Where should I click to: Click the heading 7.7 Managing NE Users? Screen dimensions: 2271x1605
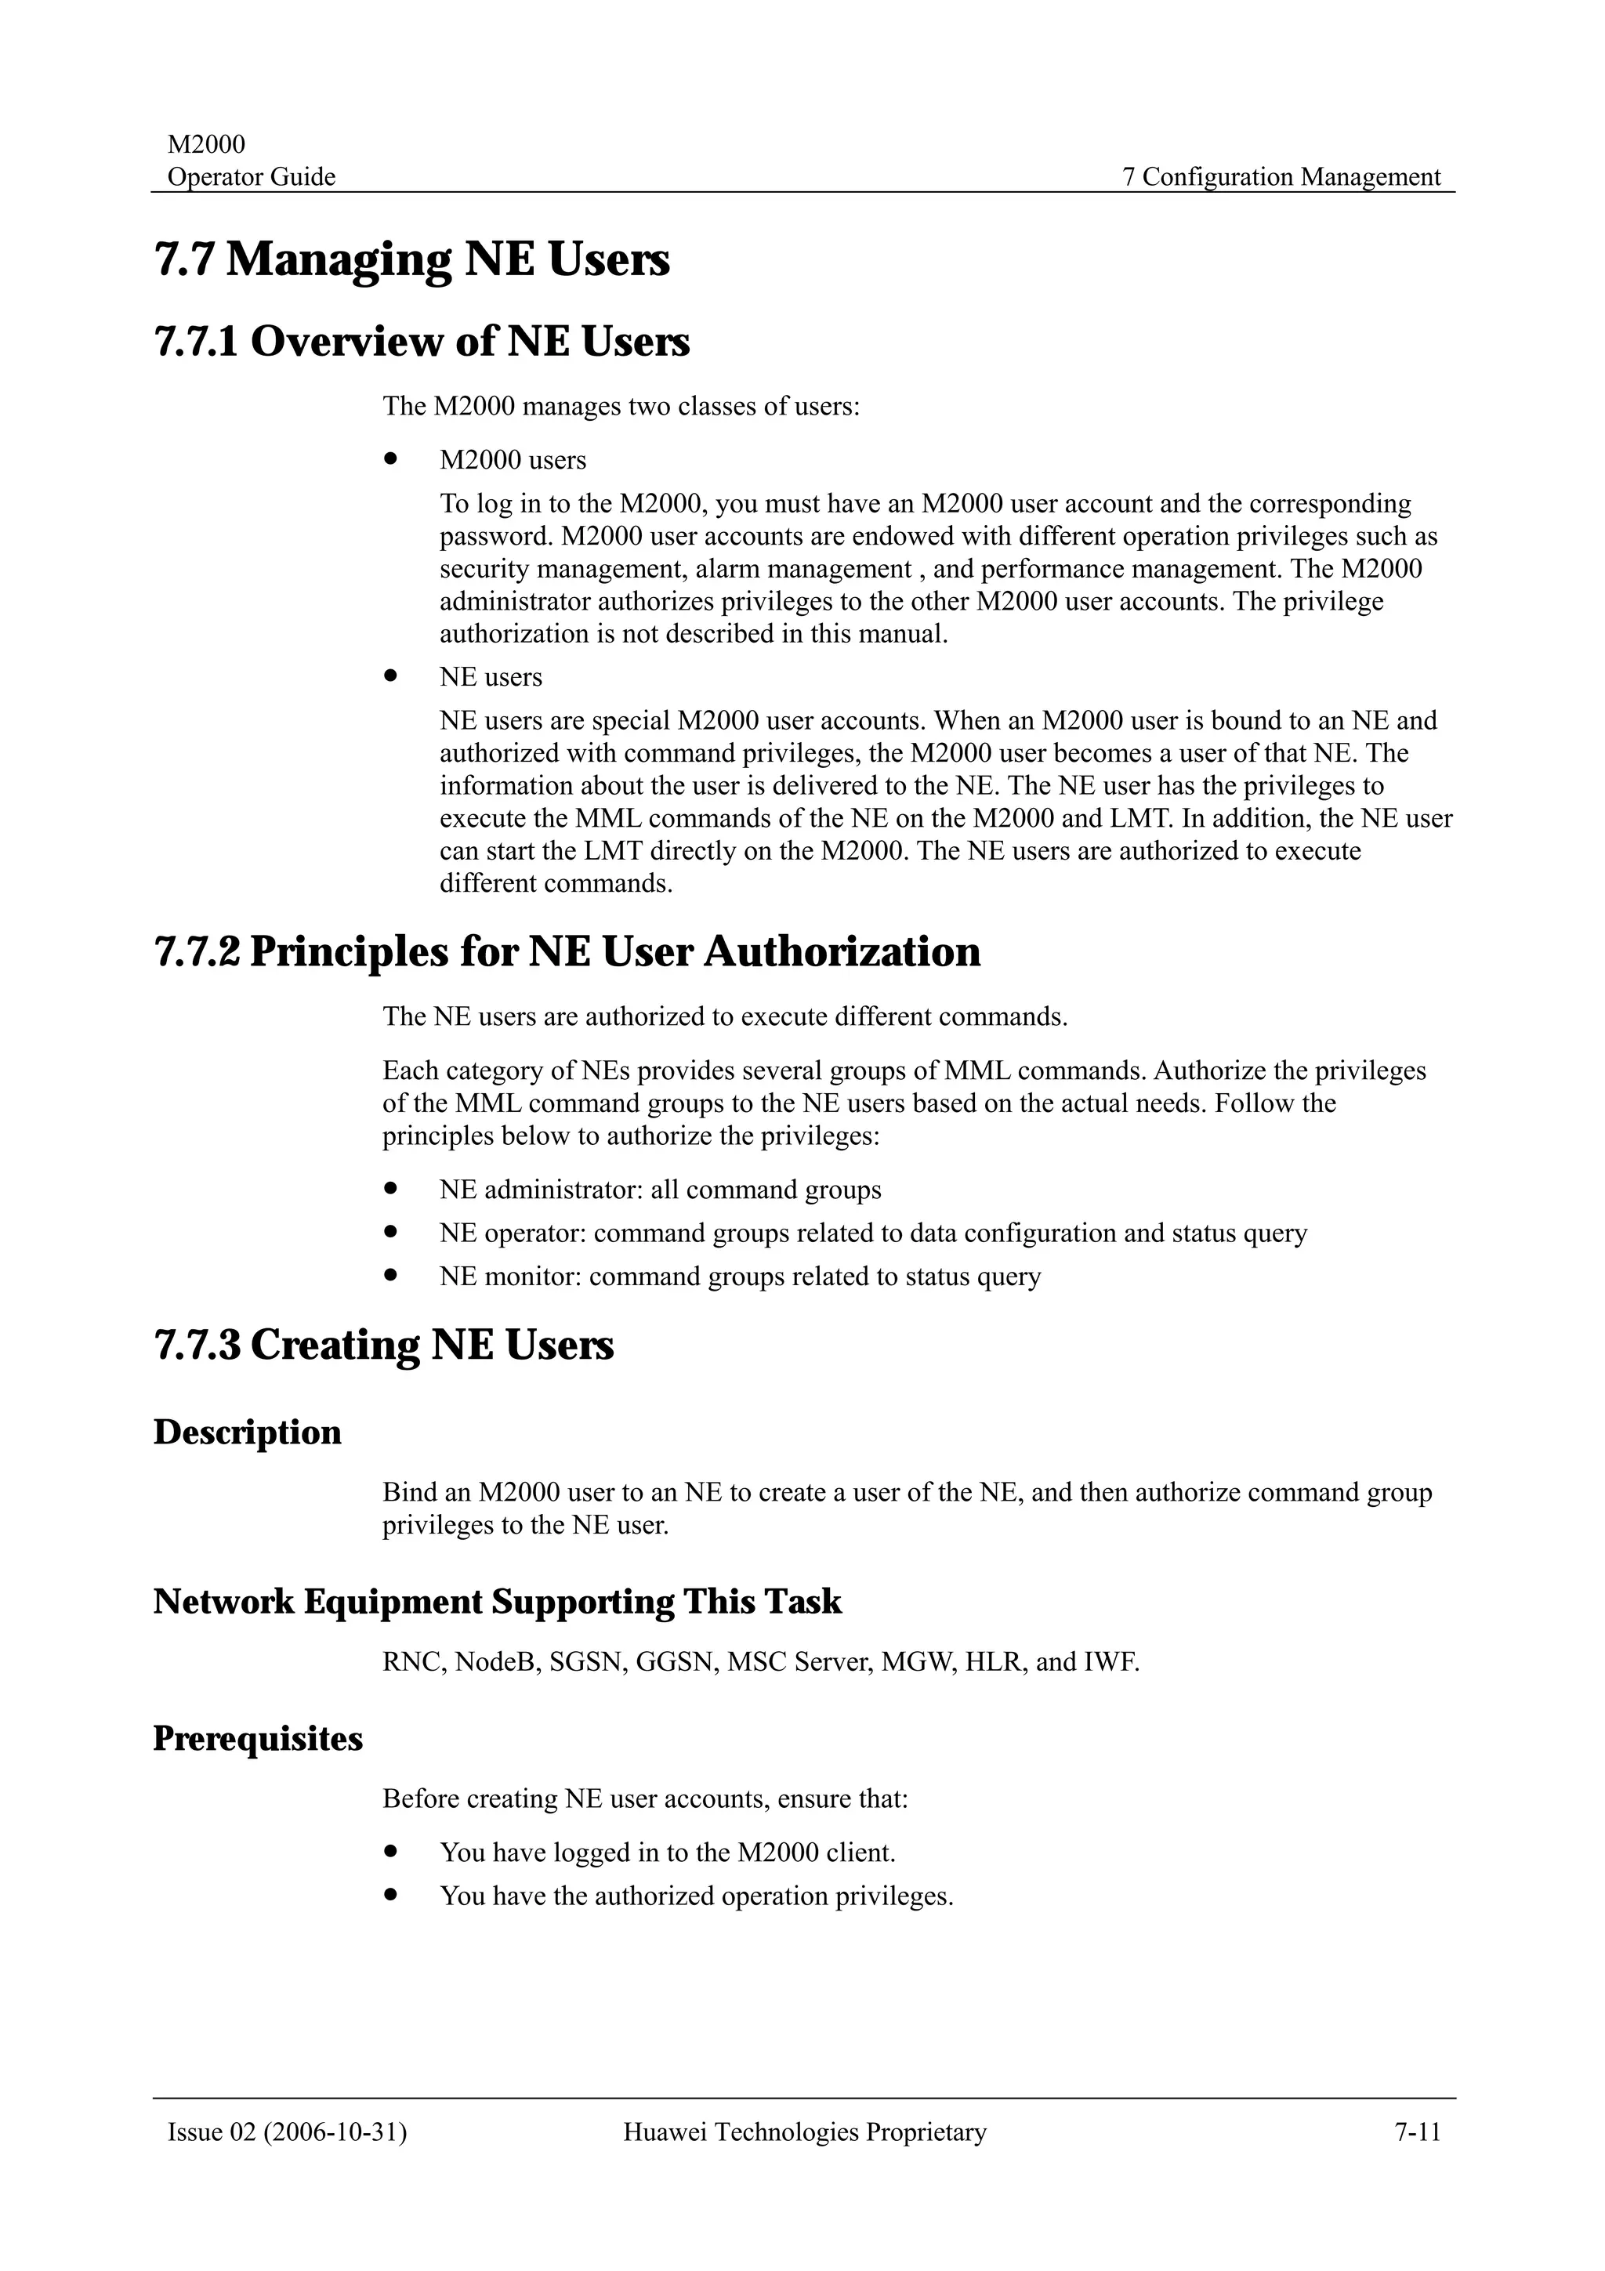coord(412,260)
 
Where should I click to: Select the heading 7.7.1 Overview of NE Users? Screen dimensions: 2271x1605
coord(422,342)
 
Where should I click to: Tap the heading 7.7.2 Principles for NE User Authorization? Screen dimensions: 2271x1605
coord(567,951)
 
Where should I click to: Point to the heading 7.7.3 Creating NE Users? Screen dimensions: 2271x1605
coord(384,1346)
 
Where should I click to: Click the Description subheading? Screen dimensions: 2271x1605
coord(247,1433)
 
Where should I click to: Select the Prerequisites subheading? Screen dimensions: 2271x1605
coord(258,1739)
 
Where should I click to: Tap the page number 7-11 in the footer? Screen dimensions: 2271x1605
coord(1417,2132)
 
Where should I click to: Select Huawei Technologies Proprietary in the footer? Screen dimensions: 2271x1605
coord(804,2132)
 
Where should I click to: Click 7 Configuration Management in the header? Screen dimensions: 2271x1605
coord(1281,177)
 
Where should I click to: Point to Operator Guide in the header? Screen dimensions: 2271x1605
coord(252,177)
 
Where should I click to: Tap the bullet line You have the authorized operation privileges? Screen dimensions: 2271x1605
coord(696,1896)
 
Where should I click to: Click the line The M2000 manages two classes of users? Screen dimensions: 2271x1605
coord(621,407)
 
